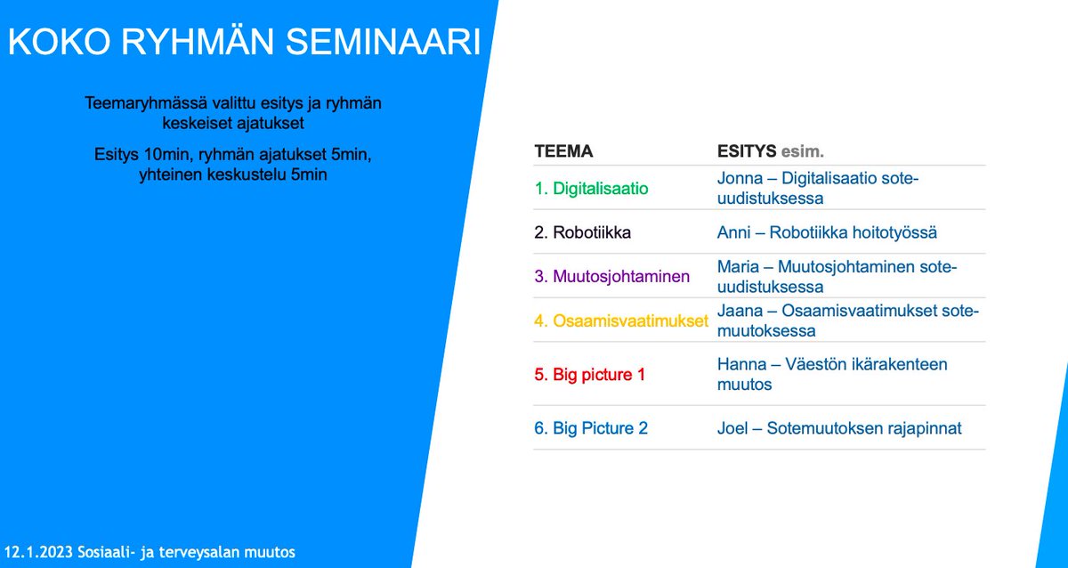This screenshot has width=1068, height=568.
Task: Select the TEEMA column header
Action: click(563, 151)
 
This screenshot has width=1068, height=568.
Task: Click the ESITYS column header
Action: click(747, 151)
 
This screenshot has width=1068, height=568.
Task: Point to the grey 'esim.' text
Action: click(802, 151)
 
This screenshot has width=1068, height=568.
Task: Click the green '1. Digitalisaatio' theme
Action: click(591, 189)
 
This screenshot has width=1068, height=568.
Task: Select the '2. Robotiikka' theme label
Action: click(583, 232)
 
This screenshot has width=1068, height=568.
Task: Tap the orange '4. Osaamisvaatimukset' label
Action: click(621, 321)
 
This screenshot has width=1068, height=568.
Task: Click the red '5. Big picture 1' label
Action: click(589, 375)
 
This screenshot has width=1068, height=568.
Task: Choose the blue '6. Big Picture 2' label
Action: click(591, 428)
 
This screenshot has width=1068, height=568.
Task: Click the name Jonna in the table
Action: click(739, 179)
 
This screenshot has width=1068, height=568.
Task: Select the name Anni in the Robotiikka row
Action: click(734, 232)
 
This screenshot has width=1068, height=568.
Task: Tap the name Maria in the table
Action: click(738, 267)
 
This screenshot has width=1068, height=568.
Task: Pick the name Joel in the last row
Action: click(732, 428)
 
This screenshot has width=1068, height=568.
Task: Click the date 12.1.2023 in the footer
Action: click(37, 552)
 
